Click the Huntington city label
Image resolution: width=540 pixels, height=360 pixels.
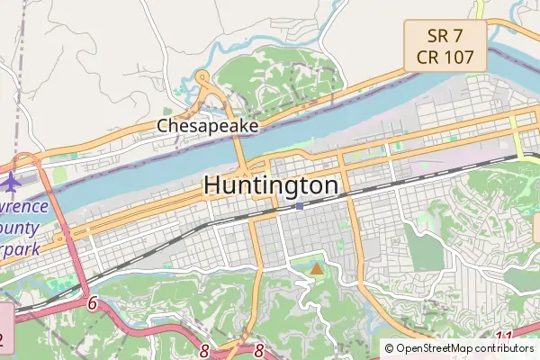(x=271, y=184)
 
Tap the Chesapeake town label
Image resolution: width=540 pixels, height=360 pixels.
(x=208, y=126)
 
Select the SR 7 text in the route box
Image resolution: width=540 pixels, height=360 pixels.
(x=445, y=36)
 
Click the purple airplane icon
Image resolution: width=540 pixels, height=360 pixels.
(x=11, y=182)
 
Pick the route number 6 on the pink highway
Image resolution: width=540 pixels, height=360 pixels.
(x=92, y=304)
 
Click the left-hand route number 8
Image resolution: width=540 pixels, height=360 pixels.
(x=205, y=351)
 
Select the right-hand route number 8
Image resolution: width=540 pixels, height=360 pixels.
(x=259, y=351)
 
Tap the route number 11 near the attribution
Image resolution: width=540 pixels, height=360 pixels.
(x=504, y=338)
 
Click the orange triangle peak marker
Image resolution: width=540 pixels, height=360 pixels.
(x=316, y=268)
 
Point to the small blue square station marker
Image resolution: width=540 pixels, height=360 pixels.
(x=299, y=206)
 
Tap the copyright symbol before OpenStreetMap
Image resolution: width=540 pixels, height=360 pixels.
(x=390, y=347)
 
